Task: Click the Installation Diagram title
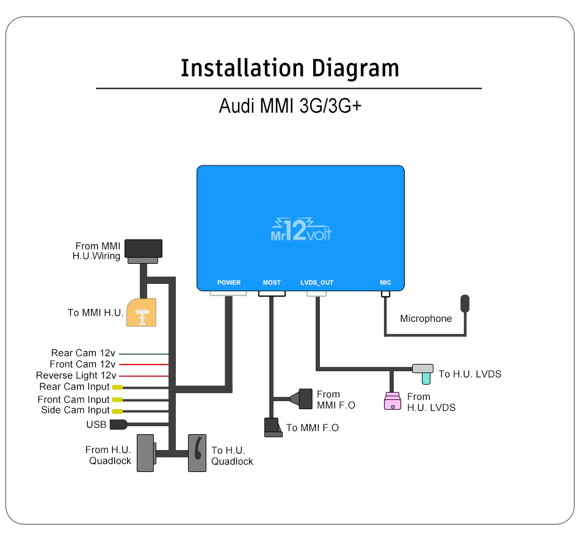click(x=290, y=68)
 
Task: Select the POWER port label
click(x=229, y=283)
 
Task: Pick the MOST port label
click(x=272, y=283)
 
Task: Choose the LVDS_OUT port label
click(x=317, y=283)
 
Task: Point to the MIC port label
click(x=385, y=283)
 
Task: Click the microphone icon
click(x=465, y=303)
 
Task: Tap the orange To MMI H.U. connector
click(x=141, y=312)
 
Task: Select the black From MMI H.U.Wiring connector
click(x=143, y=249)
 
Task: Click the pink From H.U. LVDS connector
click(x=392, y=401)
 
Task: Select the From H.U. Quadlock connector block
click(x=145, y=452)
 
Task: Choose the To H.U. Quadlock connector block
click(x=197, y=452)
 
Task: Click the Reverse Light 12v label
click(x=76, y=376)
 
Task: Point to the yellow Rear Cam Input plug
click(x=117, y=387)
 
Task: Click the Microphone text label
click(x=426, y=318)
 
